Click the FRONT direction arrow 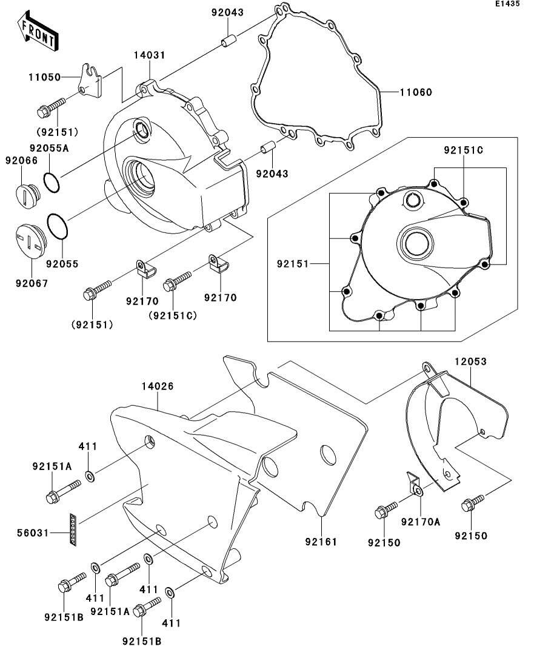[38, 32]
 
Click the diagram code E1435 [507, 4]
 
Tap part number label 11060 [416, 92]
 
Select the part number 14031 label [149, 55]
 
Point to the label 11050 [45, 77]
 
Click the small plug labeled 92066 [28, 197]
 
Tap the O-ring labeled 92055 [57, 226]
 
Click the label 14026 [158, 386]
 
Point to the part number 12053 [470, 361]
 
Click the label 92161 [321, 542]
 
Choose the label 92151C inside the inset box [464, 150]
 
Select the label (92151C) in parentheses [173, 316]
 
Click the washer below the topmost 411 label [90, 476]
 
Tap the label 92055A [49, 148]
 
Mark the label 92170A [421, 522]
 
